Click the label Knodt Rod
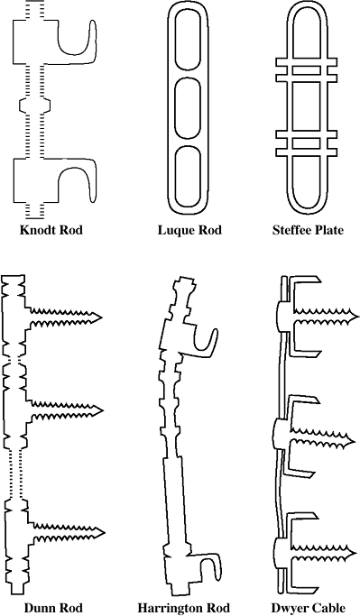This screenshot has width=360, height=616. click(x=51, y=230)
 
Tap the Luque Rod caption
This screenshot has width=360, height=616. click(x=189, y=230)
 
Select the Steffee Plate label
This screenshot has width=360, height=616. click(x=308, y=230)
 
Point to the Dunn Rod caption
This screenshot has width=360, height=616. click(x=53, y=608)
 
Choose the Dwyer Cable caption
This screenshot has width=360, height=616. click(x=309, y=608)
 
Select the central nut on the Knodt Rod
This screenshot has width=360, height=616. click(x=35, y=105)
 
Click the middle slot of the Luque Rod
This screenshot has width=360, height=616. click(x=188, y=108)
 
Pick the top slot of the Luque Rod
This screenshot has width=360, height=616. click(x=188, y=41)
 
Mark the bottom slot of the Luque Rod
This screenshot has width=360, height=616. click(x=188, y=177)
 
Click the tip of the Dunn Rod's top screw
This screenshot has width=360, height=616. click(x=103, y=317)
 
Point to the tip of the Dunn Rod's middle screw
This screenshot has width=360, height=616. click(x=103, y=411)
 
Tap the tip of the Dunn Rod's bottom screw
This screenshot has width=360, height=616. click(x=105, y=533)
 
